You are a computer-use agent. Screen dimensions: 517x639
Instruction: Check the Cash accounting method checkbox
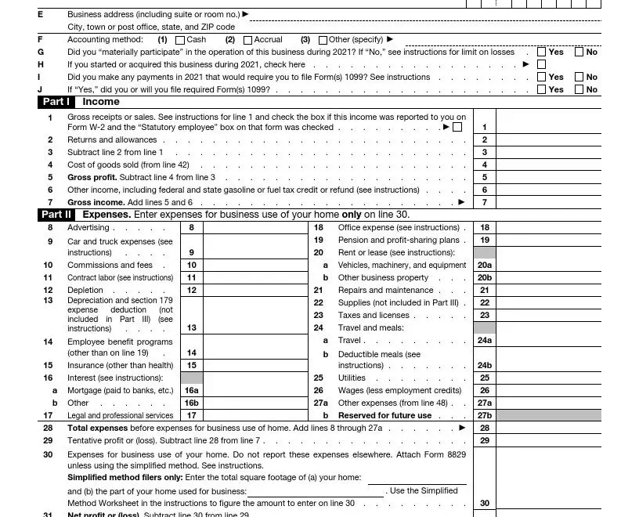[x=181, y=40]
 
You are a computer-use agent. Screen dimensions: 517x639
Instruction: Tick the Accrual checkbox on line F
[x=248, y=40]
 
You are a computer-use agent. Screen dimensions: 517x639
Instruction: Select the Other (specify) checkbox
[x=323, y=40]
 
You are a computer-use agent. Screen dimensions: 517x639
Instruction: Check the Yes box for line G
[x=542, y=52]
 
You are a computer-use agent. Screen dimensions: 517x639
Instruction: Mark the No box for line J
[x=579, y=89]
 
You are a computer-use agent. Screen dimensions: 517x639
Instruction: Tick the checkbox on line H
[x=542, y=64]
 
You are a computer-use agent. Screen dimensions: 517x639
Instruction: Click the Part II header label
[x=56, y=215]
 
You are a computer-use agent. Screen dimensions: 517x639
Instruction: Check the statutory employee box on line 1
[x=457, y=127]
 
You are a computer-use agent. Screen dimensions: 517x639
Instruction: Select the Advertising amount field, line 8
[x=253, y=227]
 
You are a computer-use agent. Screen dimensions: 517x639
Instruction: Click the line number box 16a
[x=191, y=390]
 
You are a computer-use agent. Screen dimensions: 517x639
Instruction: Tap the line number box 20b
[x=485, y=277]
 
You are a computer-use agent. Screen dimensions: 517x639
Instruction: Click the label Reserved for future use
[x=384, y=415]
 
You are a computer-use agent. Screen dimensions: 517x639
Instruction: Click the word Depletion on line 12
[x=86, y=290]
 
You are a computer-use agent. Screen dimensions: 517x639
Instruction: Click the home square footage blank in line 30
[x=417, y=478]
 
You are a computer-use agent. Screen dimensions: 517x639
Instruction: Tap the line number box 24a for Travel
[x=485, y=340]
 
